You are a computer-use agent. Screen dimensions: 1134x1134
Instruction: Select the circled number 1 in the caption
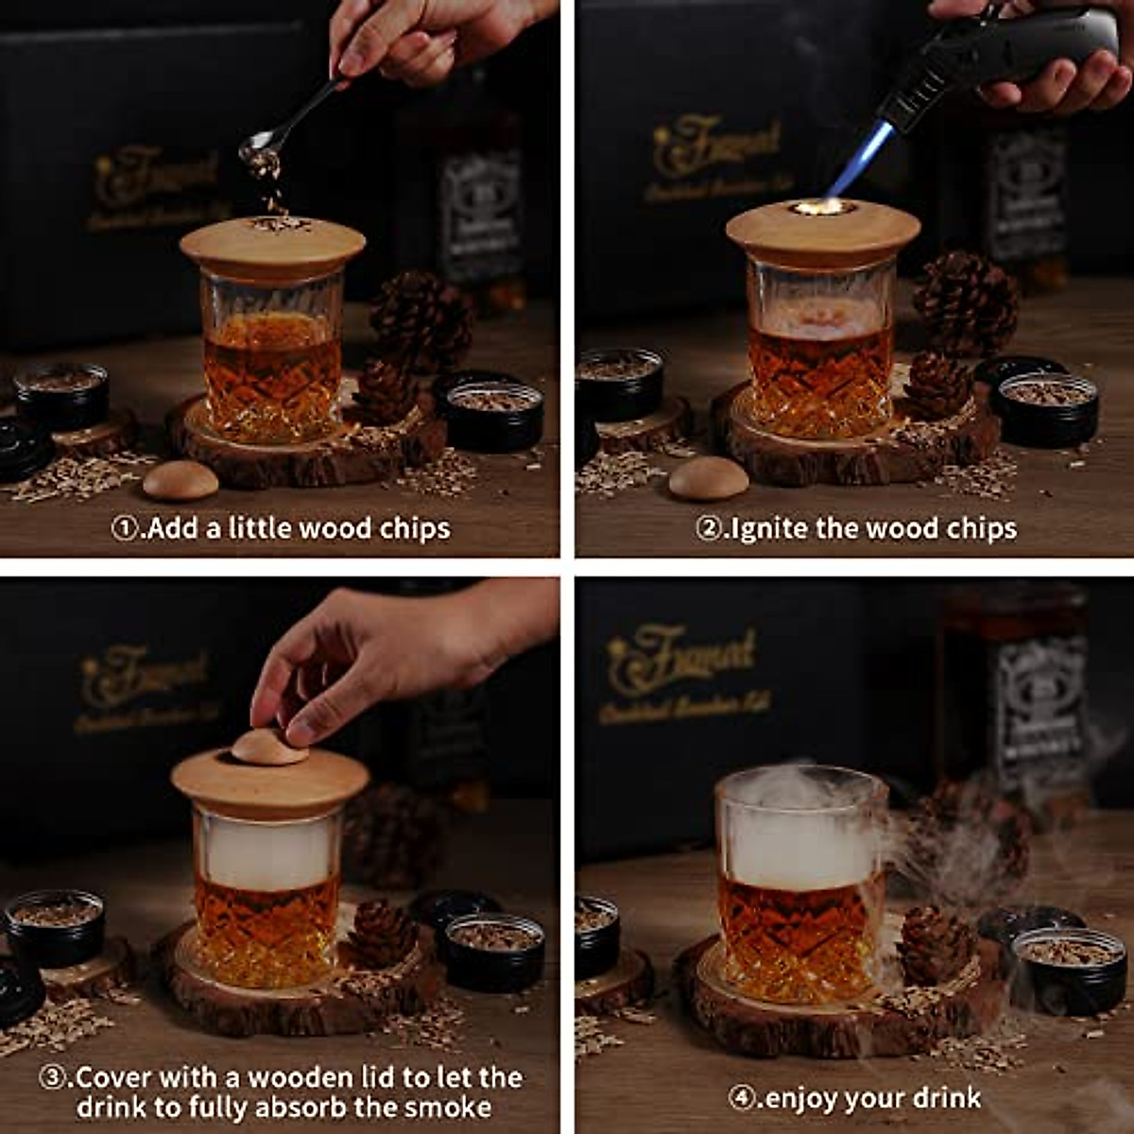coord(125,528)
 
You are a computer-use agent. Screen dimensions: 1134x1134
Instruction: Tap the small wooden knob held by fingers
coord(270,747)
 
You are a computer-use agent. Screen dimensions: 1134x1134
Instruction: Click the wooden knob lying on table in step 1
coord(180,480)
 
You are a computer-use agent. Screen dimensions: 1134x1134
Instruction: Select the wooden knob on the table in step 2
coord(708,478)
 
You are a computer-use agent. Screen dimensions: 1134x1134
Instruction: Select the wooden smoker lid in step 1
coord(272,247)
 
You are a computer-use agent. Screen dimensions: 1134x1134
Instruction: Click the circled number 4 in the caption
coord(743,1098)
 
